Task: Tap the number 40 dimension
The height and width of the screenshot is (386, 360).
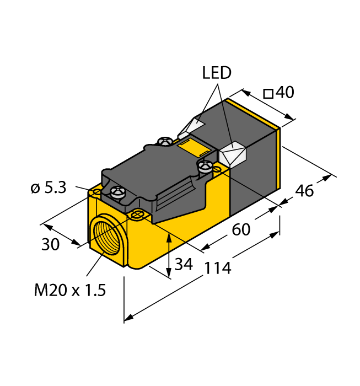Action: coord(284,93)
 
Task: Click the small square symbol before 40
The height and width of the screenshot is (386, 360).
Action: coord(268,94)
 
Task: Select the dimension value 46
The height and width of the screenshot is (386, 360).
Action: coord(304,191)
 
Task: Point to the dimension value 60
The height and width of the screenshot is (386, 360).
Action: coord(241,229)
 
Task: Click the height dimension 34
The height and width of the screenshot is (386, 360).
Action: coord(183,265)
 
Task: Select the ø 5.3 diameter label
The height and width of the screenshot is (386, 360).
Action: coord(48,189)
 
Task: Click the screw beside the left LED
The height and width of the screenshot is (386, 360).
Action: coord(164,142)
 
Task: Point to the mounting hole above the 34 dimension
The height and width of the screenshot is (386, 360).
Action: coord(137,213)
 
